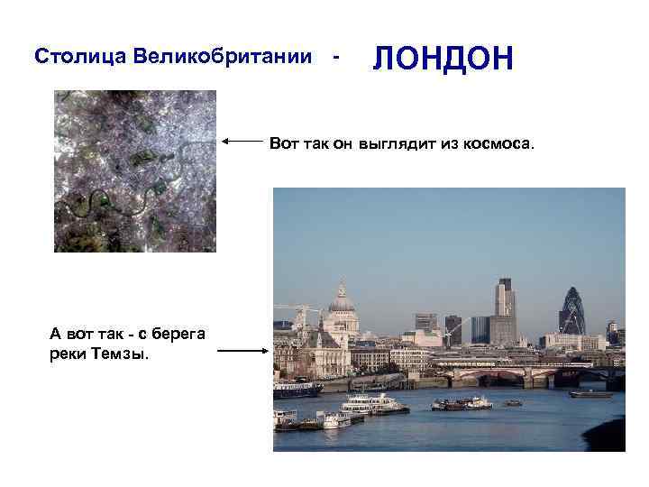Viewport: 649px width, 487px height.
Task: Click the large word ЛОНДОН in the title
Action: pos(443,59)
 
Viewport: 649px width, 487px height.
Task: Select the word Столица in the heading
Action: pos(79,57)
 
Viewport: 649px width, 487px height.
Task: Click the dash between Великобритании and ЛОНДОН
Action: pos(335,57)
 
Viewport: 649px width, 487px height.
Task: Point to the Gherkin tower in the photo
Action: pos(571,311)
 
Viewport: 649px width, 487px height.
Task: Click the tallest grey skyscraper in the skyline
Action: pos(503,307)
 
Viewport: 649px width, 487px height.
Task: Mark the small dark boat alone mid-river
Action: pos(512,402)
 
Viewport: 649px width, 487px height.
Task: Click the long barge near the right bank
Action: pos(590,394)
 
